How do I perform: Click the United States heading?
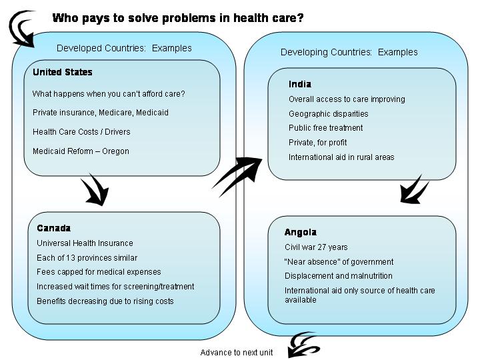(63, 72)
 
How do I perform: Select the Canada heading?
(53, 228)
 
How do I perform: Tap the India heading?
(300, 84)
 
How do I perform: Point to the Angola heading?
(301, 233)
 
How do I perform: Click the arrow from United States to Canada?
(95, 190)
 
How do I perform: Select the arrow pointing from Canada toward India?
(237, 177)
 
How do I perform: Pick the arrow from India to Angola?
(415, 190)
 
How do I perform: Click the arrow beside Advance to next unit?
(304, 345)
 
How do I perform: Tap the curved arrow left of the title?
(21, 29)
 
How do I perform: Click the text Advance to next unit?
(236, 353)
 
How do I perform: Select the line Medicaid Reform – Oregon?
(81, 151)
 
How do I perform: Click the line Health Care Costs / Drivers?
(81, 132)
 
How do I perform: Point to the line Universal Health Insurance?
(85, 243)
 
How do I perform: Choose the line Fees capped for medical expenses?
(99, 272)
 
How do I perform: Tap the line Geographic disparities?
(329, 114)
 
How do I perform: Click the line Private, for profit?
(318, 143)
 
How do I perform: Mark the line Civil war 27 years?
(316, 247)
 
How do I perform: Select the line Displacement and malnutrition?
(339, 276)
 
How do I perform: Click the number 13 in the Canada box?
(71, 258)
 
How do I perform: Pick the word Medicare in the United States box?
(116, 113)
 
